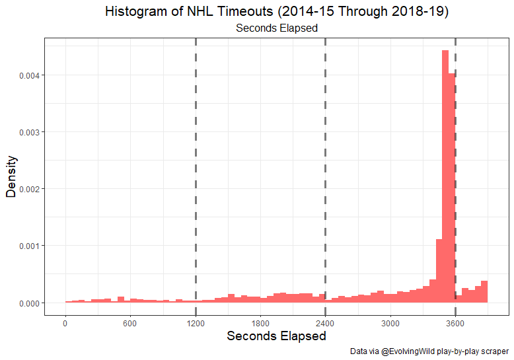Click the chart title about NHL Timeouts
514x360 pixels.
click(277, 13)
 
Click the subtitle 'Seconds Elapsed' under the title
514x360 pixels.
click(277, 28)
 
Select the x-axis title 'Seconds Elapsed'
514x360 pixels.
click(276, 336)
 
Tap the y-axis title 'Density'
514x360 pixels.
click(11, 176)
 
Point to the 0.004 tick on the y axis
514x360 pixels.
click(30, 75)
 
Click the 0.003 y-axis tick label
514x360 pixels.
click(30, 132)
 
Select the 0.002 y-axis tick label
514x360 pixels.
click(30, 189)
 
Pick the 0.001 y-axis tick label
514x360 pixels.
click(30, 246)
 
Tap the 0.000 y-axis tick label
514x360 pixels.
click(30, 303)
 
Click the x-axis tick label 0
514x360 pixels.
click(65, 323)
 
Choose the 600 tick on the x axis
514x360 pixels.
click(129, 323)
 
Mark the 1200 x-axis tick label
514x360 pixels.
click(196, 323)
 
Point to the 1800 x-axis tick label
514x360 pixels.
click(260, 323)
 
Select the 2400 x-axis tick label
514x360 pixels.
click(325, 323)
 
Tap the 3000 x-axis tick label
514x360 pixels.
click(390, 323)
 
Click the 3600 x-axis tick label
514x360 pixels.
click(455, 323)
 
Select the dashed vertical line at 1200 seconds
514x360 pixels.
click(196, 165)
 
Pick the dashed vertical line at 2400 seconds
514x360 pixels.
click(325, 165)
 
